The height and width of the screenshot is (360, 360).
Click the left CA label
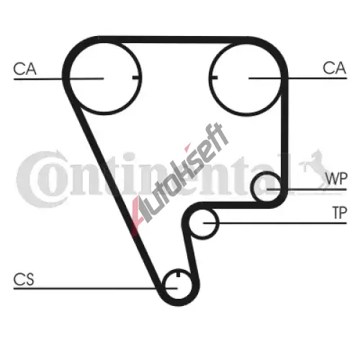coord(25,69)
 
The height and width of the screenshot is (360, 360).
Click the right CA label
coord(334,68)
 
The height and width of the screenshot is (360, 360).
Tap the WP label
coord(336,179)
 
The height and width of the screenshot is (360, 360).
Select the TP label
coord(340,212)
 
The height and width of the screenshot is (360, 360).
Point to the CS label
coord(24,279)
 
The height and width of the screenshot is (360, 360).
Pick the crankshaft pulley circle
coord(178,298)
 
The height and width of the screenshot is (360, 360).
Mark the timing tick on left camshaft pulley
coord(136,78)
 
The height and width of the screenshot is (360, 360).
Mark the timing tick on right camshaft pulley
coord(214,77)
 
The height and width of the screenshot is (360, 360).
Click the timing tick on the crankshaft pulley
coord(178,274)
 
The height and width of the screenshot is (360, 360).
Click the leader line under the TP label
coord(275,223)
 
